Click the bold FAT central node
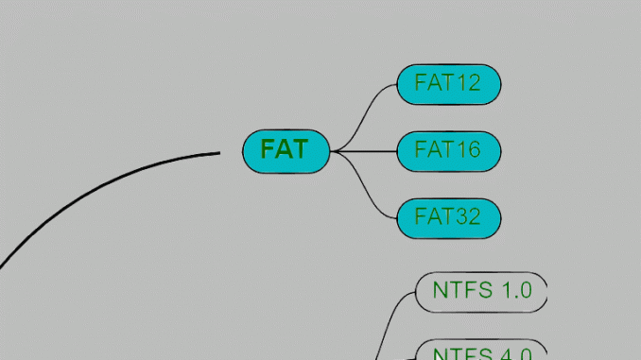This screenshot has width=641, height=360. (x=286, y=151)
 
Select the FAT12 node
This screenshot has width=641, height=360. (x=448, y=84)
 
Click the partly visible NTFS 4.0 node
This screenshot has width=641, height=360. (x=482, y=351)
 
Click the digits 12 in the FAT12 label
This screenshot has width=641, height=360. (x=467, y=83)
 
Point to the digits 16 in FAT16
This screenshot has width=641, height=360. (x=467, y=150)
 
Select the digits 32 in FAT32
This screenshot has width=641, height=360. (x=467, y=217)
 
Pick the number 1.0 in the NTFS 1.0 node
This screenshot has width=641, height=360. (x=516, y=290)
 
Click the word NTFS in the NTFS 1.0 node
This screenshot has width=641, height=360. (x=462, y=290)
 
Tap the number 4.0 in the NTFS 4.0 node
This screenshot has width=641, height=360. (x=516, y=354)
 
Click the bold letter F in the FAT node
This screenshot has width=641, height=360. (x=269, y=150)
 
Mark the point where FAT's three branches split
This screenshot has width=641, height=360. (x=335, y=151)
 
